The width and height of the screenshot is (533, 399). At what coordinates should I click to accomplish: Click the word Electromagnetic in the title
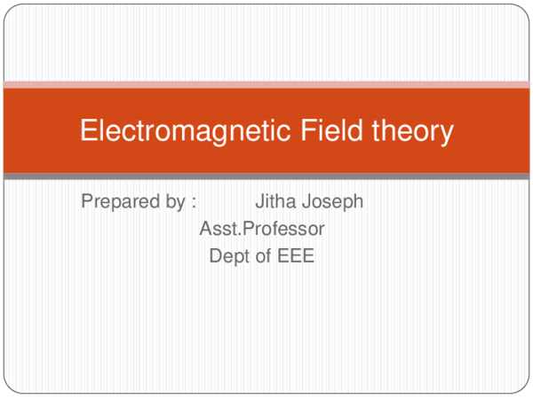[x=182, y=131]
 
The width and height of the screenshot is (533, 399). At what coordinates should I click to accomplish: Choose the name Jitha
[x=274, y=202]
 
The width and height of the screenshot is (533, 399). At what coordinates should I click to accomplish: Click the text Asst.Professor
[x=262, y=230]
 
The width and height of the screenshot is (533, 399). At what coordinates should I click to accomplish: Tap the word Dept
[x=227, y=257]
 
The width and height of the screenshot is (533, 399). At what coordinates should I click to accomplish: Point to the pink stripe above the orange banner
[x=266, y=84]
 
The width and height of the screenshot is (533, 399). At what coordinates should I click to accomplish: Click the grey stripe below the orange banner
[x=266, y=176]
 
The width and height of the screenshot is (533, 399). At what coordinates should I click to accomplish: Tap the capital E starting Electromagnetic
[x=88, y=131]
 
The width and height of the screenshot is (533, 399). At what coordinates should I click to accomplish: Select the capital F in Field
[x=305, y=131]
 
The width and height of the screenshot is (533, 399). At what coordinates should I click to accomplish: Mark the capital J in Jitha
[x=259, y=202]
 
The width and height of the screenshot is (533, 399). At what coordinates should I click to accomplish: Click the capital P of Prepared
[x=87, y=202]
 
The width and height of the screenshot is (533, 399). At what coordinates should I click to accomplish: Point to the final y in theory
[x=446, y=135]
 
